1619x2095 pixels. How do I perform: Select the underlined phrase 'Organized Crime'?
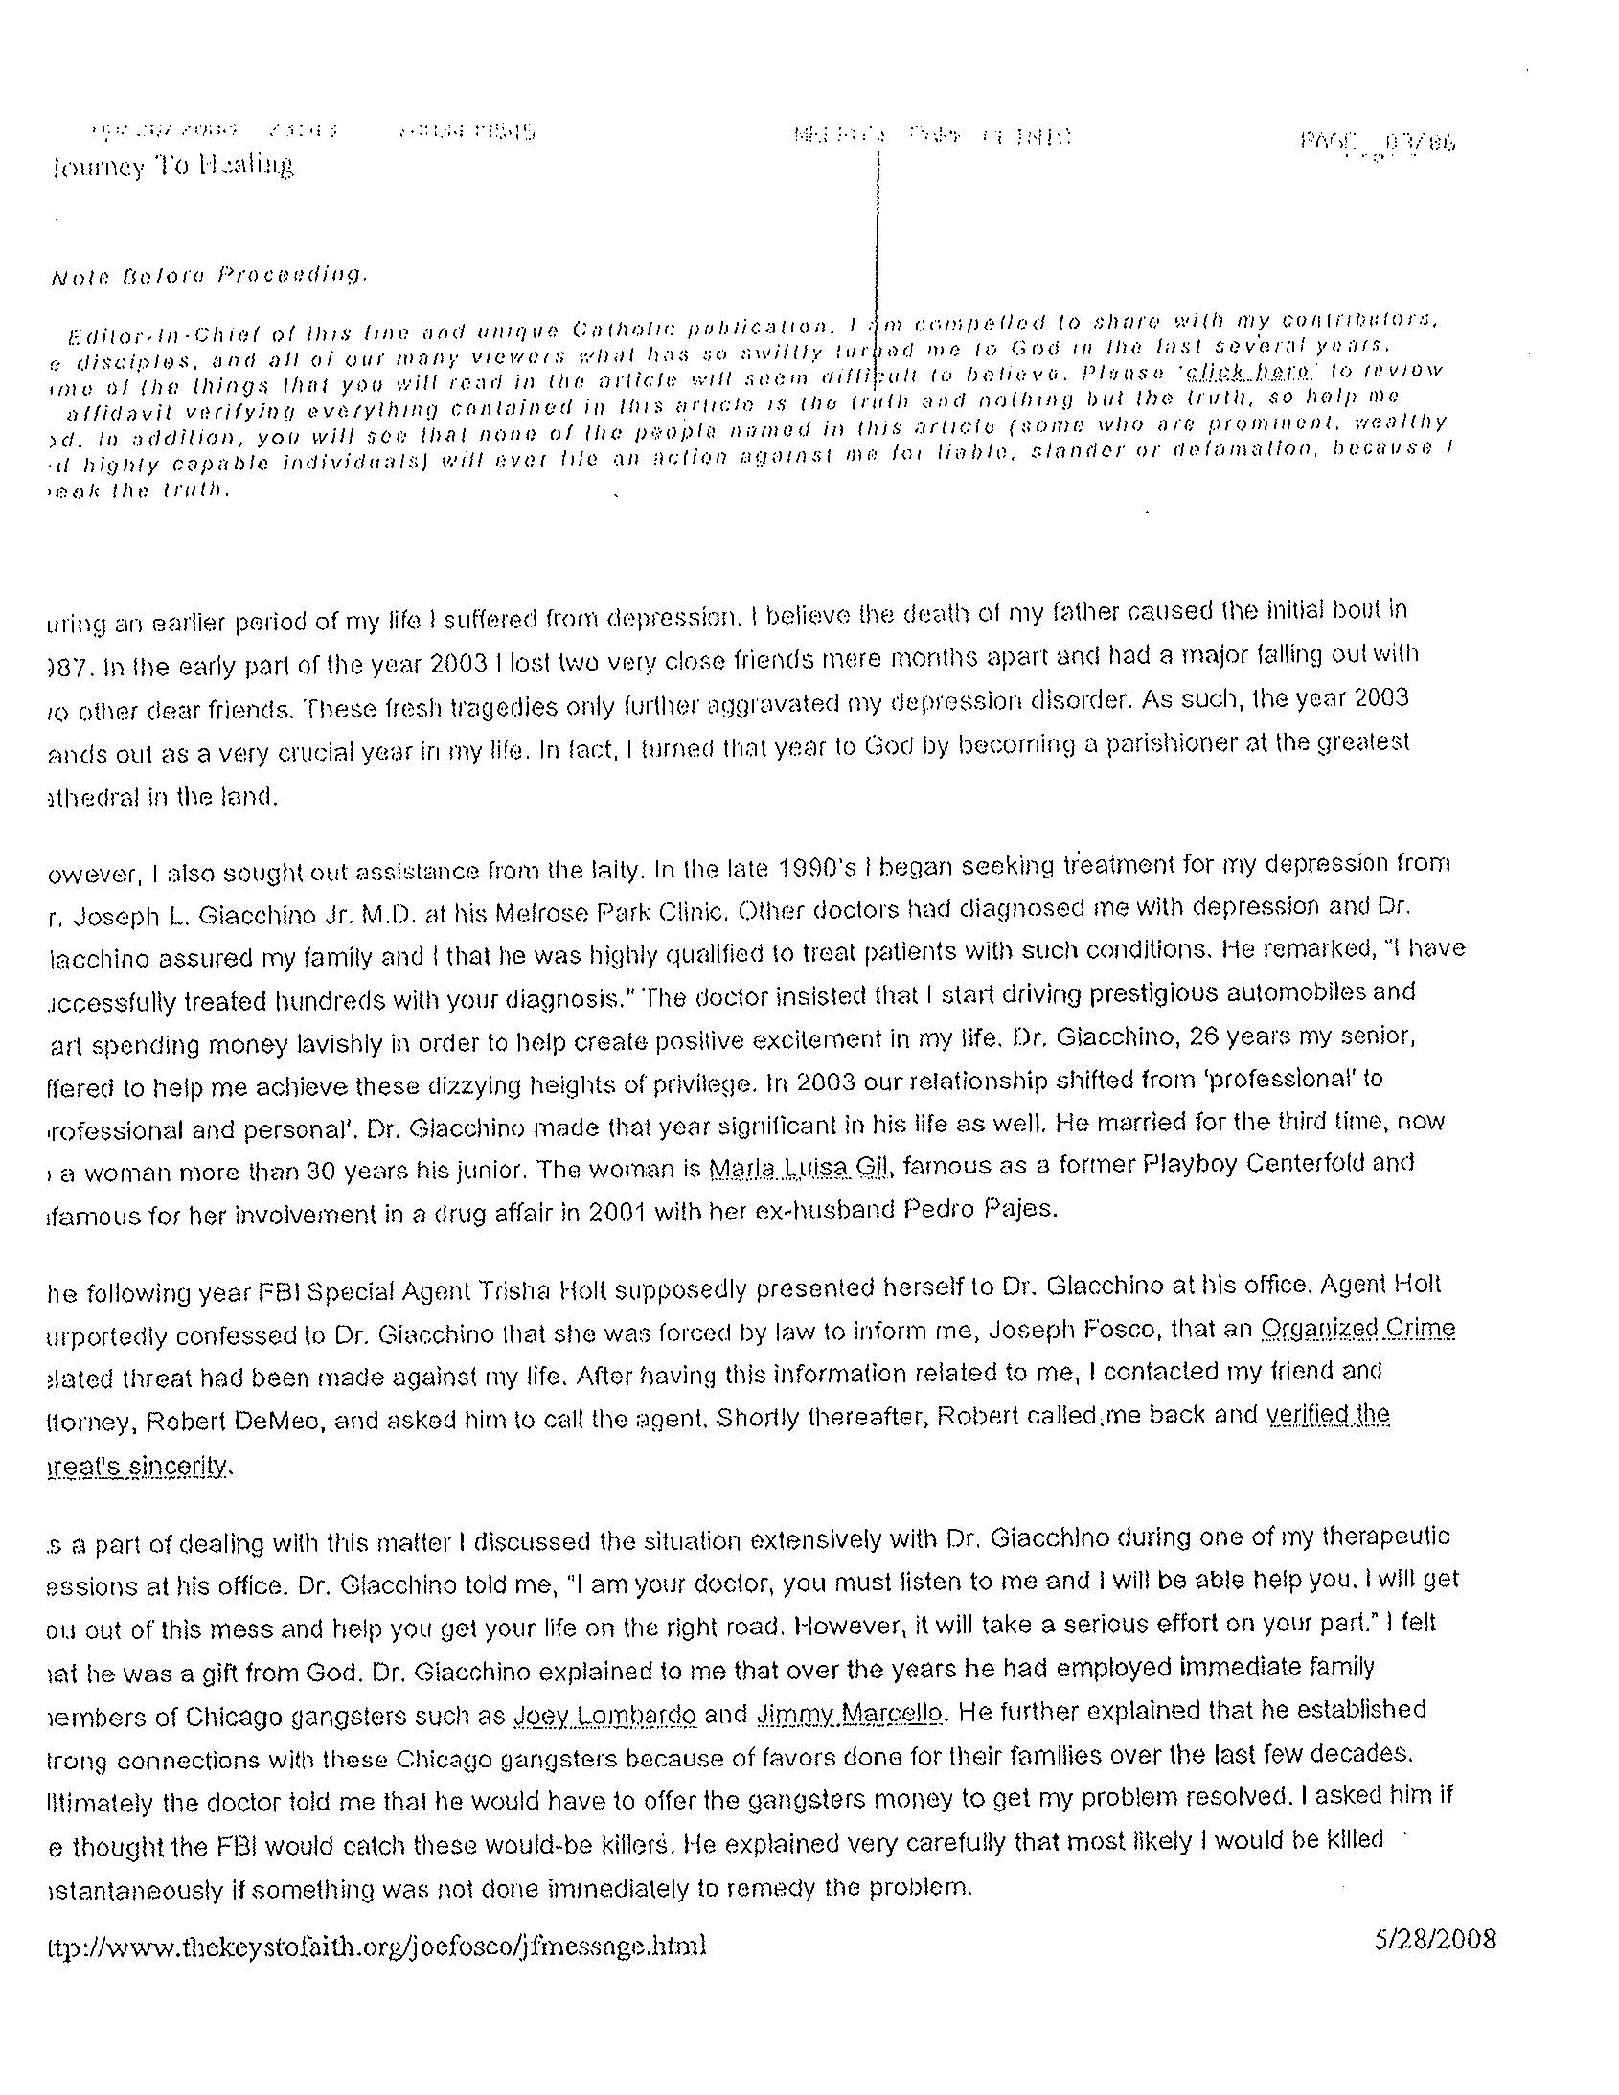point(1358,1329)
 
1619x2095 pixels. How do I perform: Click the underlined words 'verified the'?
point(1328,1415)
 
